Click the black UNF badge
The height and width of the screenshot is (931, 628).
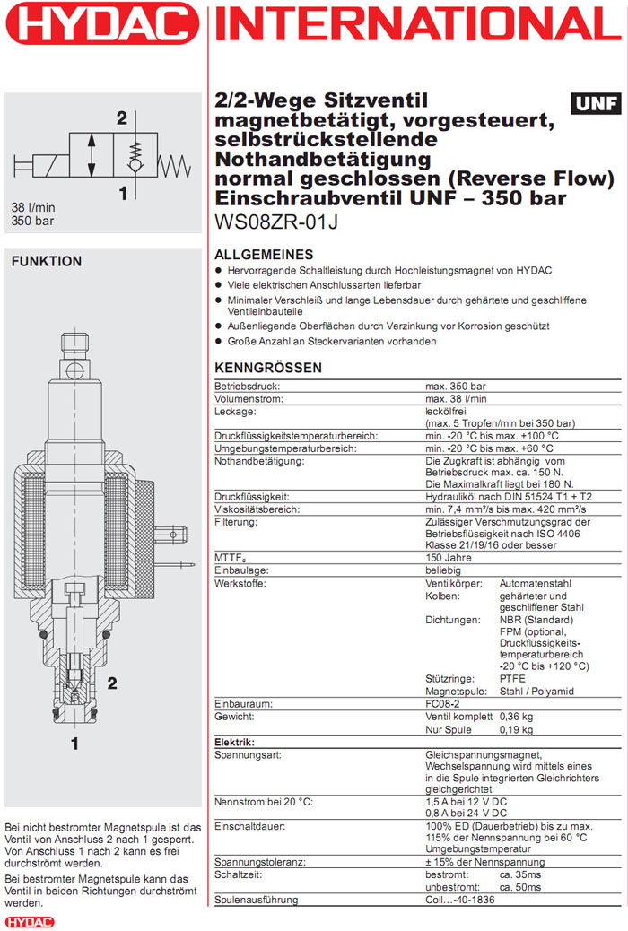pyautogui.click(x=596, y=103)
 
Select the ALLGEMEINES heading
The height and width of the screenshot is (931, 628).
pyautogui.click(x=264, y=255)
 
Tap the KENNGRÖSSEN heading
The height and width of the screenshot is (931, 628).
pyautogui.click(x=268, y=368)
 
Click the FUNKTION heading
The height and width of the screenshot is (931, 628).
pyautogui.click(x=45, y=262)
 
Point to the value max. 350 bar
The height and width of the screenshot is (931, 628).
pyautogui.click(x=456, y=386)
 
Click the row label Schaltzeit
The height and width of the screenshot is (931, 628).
pyautogui.click(x=237, y=874)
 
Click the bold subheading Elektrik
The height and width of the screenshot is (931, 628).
pyautogui.click(x=234, y=743)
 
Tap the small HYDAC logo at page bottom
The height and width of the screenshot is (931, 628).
pyautogui.click(x=29, y=921)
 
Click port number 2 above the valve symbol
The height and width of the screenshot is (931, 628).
pyautogui.click(x=120, y=117)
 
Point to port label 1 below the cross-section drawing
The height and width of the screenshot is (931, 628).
pyautogui.click(x=75, y=743)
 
